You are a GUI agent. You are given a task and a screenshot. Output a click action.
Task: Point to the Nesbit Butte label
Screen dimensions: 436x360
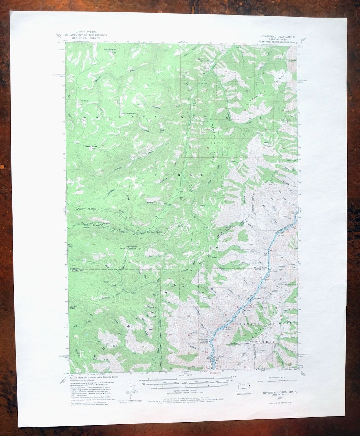pyautogui.click(x=91, y=146)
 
